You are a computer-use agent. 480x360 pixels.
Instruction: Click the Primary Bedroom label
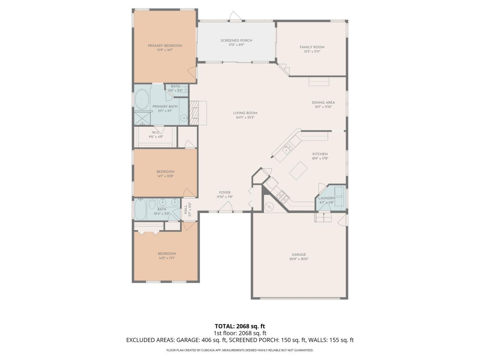(165, 46)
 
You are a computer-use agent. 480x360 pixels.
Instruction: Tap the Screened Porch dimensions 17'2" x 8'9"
(236, 45)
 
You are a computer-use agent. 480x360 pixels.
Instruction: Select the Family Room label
(312, 47)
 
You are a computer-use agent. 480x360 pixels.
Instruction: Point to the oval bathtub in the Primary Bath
(142, 99)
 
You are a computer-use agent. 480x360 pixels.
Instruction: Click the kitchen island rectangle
(298, 171)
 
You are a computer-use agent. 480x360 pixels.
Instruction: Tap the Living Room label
(245, 113)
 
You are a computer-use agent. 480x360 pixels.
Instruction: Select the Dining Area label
(323, 102)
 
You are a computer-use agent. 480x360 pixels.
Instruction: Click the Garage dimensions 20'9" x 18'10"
(299, 259)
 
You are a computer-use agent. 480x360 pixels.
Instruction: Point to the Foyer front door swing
(226, 207)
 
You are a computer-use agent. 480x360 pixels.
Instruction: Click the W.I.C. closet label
(156, 132)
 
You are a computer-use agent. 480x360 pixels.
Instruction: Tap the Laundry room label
(326, 198)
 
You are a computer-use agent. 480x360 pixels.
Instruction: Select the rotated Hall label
(185, 210)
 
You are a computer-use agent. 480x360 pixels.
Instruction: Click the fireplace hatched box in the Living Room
(194, 112)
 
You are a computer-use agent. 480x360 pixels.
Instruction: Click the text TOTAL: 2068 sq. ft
(240, 326)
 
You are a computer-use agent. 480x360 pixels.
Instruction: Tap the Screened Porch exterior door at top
(236, 16)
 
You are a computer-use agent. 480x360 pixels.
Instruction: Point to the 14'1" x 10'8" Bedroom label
(165, 172)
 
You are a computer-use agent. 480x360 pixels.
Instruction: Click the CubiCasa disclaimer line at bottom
(240, 350)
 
